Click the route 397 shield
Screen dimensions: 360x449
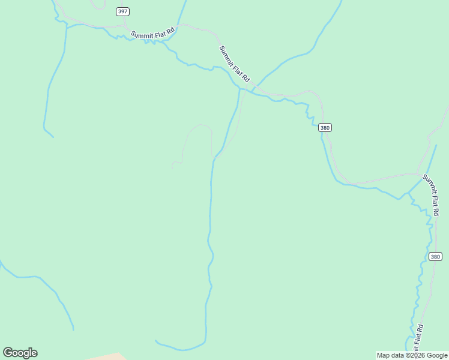122,11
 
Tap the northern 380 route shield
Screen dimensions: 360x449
325,127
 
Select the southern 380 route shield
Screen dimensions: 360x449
436,256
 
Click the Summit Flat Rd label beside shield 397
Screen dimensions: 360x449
152,33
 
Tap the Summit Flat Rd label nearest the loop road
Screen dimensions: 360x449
234,64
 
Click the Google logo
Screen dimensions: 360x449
20,353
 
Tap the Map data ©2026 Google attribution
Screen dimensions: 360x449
412,355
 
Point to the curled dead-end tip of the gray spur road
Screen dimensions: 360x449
173,166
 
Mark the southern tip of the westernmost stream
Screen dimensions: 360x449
53,137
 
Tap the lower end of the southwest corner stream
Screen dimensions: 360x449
73,329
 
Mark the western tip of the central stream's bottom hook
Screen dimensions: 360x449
155,341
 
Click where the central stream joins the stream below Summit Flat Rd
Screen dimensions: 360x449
240,90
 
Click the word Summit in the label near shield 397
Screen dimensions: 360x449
142,35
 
